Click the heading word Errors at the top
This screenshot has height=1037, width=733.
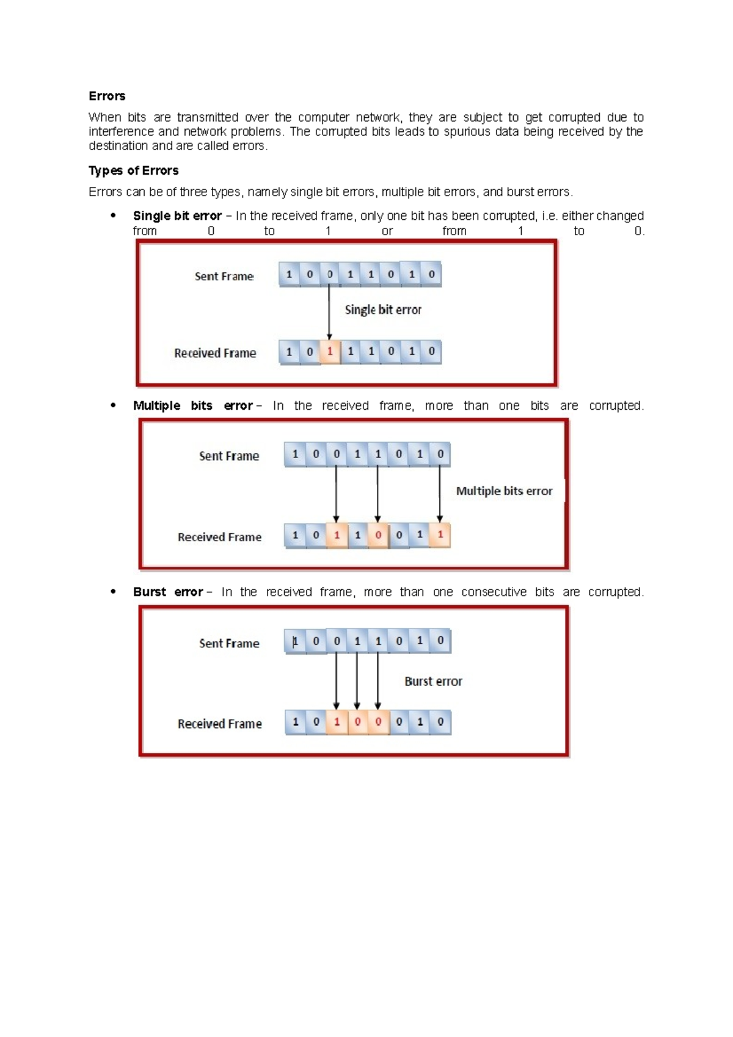(107, 96)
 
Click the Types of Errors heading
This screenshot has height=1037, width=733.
(133, 170)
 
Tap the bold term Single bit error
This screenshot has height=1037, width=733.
(177, 216)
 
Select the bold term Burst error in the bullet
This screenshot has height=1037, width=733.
(168, 592)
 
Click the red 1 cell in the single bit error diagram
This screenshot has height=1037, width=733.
(330, 352)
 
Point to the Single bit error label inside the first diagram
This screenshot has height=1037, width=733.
(383, 310)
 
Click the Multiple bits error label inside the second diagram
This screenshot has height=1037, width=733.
(504, 491)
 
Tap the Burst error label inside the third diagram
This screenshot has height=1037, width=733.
(433, 681)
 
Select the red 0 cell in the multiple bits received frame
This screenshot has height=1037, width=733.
(378, 535)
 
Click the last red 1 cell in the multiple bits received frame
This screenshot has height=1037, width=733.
(440, 535)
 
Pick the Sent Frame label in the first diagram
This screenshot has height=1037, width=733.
(224, 276)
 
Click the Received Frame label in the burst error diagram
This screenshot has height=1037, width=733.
(220, 724)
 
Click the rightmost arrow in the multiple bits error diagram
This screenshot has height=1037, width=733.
(440, 493)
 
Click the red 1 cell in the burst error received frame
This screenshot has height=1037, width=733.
(337, 722)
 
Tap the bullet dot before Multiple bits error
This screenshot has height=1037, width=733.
(113, 405)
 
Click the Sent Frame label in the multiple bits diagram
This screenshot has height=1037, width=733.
(229, 456)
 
